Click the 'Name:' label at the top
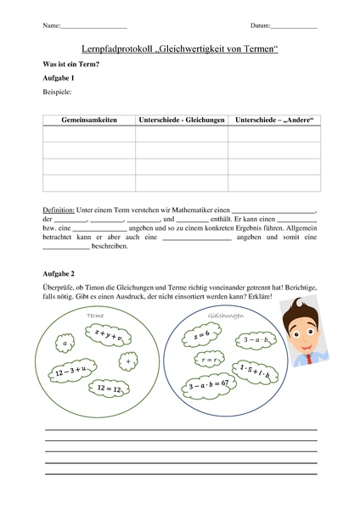pos(51,27)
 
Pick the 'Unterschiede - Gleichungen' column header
pos(182,120)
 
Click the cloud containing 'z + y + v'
pos(110,336)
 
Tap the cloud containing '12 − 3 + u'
pos(70,371)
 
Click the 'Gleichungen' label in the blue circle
pos(225,316)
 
